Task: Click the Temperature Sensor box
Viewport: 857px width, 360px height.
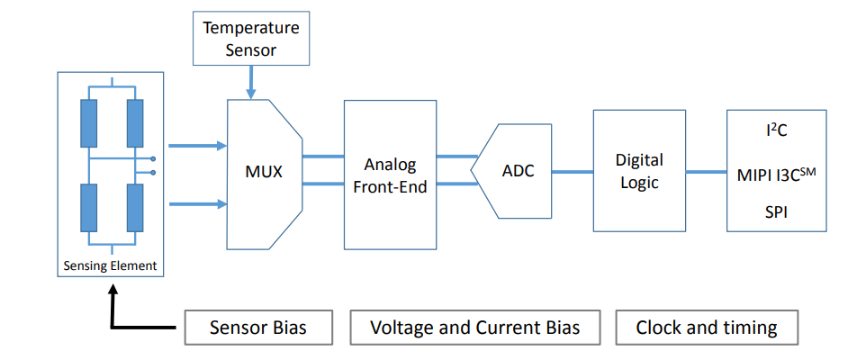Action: click(251, 40)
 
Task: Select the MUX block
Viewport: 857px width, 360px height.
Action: click(264, 170)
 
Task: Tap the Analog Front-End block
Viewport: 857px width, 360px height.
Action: click(390, 175)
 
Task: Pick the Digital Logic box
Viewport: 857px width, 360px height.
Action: click(638, 171)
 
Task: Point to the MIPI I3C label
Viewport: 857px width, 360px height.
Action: click(775, 173)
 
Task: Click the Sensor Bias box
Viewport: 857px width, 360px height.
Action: click(257, 328)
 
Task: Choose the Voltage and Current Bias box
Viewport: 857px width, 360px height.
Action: click(475, 328)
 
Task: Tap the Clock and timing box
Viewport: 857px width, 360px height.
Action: click(707, 328)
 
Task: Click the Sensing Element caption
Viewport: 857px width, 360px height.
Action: click(111, 265)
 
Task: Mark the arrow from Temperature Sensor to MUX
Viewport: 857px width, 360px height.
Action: click(251, 81)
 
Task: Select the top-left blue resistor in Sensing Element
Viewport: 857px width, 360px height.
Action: click(88, 123)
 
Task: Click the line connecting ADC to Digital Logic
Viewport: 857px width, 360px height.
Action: click(573, 171)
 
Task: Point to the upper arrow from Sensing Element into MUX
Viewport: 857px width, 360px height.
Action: click(197, 145)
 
